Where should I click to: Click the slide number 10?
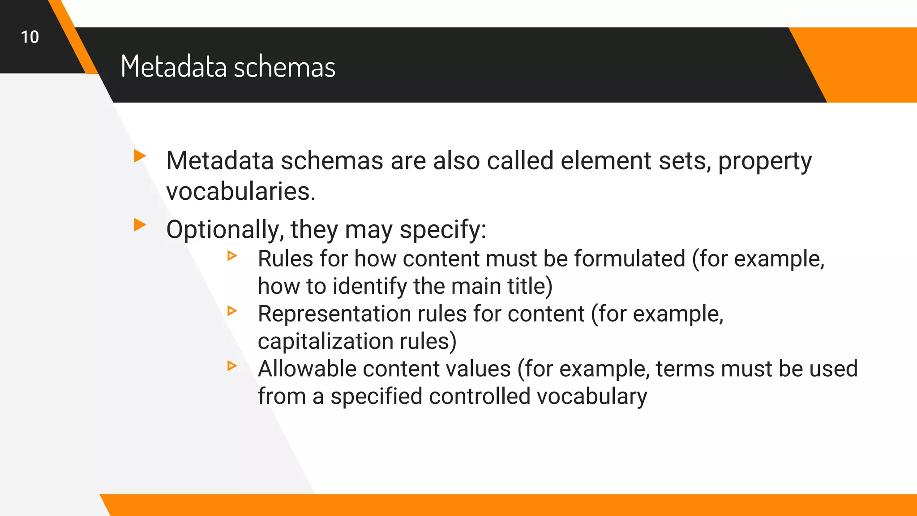(x=30, y=37)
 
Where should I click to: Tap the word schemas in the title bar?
(x=284, y=67)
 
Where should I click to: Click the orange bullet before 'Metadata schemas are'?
(x=140, y=156)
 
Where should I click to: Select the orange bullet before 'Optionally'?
(x=140, y=225)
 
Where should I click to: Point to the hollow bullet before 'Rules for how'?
(x=232, y=256)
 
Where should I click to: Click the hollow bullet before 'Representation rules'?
(x=232, y=310)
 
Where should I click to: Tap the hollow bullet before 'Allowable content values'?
(x=232, y=366)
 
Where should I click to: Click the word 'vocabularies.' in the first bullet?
(x=241, y=192)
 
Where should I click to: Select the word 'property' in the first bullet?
(x=765, y=161)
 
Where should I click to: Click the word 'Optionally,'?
(x=225, y=230)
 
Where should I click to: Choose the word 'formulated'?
(x=630, y=259)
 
